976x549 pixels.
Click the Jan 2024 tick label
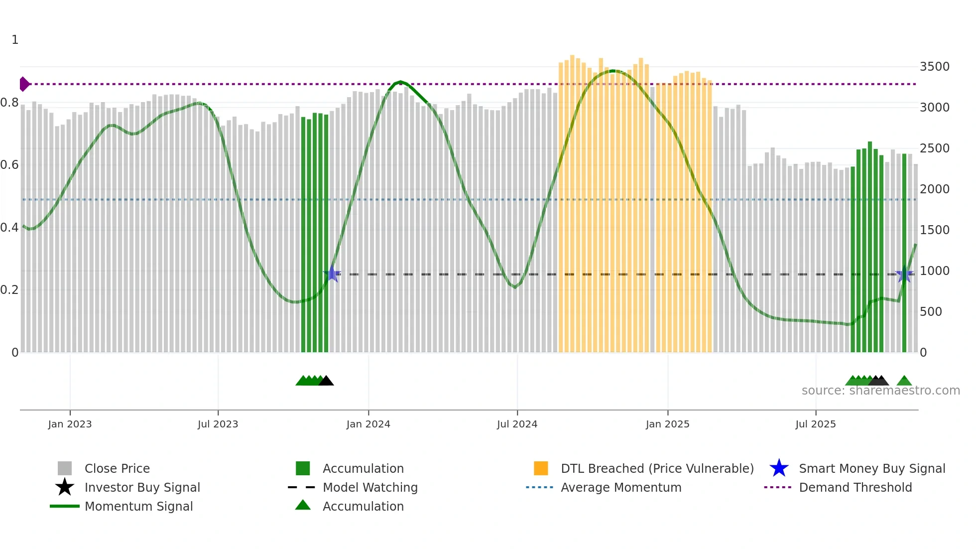368,424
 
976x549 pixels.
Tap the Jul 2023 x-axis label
218,424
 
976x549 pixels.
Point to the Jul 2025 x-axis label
815,424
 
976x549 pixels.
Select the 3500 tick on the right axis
934,67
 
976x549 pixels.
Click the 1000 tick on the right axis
934,271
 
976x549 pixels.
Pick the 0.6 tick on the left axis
9,165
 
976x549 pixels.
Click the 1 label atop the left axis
15,40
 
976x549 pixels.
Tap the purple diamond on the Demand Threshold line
24,84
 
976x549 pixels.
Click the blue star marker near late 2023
332,274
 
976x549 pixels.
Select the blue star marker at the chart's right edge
904,274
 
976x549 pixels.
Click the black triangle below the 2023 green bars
326,381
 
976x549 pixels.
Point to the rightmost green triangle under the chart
904,381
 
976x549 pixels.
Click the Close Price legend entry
117,469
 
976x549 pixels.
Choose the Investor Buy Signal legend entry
142,488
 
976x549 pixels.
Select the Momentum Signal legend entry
138,507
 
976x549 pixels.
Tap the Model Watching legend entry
370,488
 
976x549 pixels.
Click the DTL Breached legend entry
657,469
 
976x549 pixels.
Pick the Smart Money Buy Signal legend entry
871,469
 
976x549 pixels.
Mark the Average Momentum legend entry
620,488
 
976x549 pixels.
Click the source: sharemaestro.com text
880,391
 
